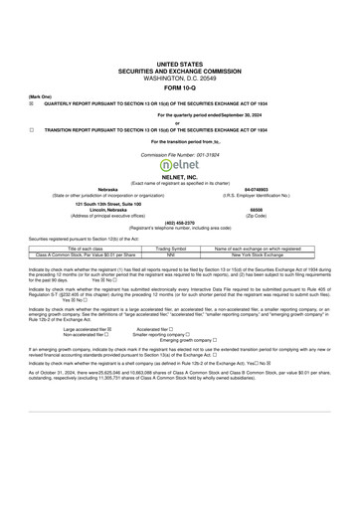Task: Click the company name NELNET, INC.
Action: pos(180,177)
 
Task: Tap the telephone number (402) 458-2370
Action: pos(180,223)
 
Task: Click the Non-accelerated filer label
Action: pos(86,334)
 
